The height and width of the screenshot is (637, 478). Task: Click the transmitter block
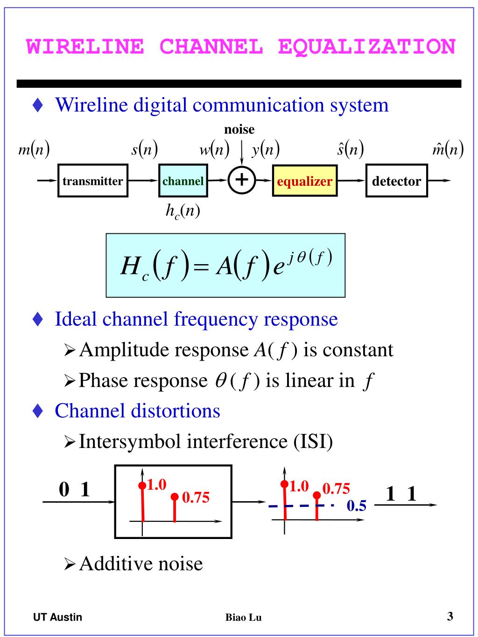tap(93, 181)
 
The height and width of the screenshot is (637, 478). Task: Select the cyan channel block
tap(183, 181)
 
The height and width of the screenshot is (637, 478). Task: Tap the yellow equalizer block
tap(305, 181)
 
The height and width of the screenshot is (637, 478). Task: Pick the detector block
tap(396, 181)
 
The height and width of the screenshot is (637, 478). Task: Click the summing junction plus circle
tap(242, 180)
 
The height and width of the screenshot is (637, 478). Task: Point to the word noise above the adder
tap(239, 129)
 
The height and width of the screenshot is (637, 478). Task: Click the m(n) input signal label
tap(34, 150)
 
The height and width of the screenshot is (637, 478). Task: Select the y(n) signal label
tap(266, 150)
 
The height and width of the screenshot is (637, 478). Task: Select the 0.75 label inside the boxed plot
tap(196, 497)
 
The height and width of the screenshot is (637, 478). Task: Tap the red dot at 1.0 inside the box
tap(142, 485)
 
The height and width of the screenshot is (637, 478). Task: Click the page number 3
tap(450, 616)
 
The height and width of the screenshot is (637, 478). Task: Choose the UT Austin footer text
tap(57, 617)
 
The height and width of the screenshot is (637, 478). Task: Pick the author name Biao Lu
tap(243, 617)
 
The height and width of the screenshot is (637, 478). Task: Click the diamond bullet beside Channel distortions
tap(38, 411)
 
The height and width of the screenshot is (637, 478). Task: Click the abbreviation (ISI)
tap(313, 441)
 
